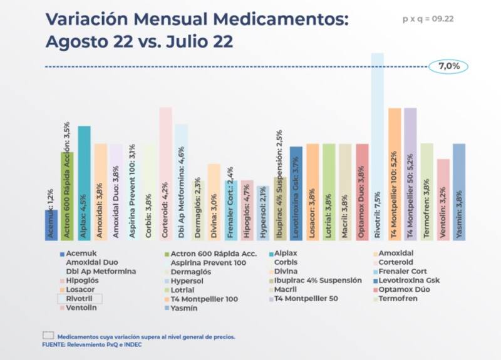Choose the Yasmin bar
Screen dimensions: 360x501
click(458, 192)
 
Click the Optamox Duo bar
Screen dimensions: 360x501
click(361, 192)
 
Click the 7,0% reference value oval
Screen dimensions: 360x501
click(448, 66)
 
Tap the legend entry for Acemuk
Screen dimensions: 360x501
click(78, 253)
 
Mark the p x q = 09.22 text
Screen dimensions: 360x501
click(428, 19)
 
